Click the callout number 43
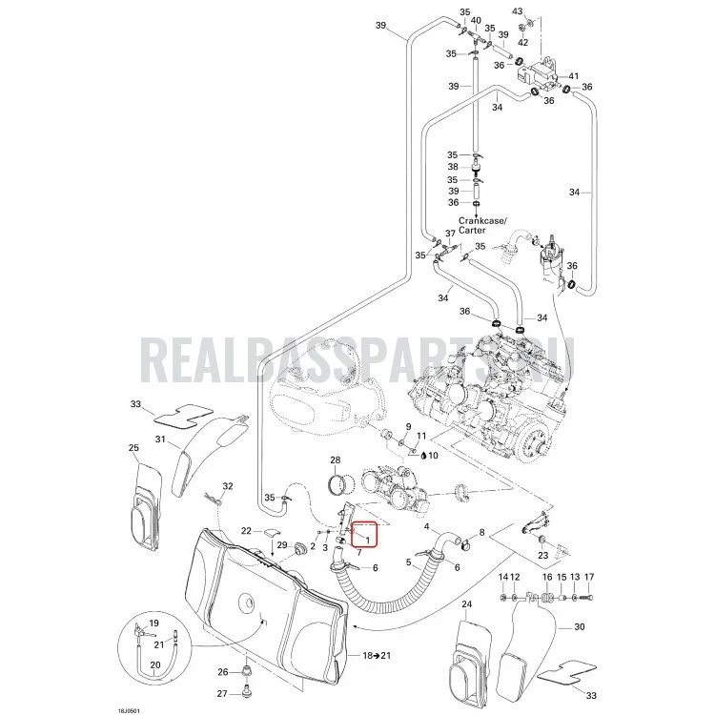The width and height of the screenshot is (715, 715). [x=518, y=10]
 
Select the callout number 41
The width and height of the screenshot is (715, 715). [x=573, y=76]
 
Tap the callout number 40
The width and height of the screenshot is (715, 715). [x=476, y=20]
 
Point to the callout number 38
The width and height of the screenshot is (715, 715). [x=453, y=167]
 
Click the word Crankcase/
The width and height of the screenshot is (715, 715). [x=483, y=221]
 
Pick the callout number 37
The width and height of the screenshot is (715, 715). [x=450, y=234]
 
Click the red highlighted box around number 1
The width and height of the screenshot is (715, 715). [x=363, y=534]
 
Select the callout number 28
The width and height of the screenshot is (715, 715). [x=336, y=460]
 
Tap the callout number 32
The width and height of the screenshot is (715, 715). [x=228, y=486]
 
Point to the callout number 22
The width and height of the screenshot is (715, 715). [x=246, y=531]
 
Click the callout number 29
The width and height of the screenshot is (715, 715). [x=282, y=545]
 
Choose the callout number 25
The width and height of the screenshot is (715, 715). [x=133, y=448]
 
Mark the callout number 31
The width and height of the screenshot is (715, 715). [x=160, y=439]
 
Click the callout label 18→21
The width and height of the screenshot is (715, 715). [x=377, y=656]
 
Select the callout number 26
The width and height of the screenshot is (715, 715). [x=222, y=673]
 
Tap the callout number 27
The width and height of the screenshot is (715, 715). [x=222, y=694]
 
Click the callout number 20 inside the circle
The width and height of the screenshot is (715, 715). [x=155, y=664]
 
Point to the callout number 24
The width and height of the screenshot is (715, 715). [x=466, y=604]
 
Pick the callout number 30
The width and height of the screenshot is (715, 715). [x=579, y=627]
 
